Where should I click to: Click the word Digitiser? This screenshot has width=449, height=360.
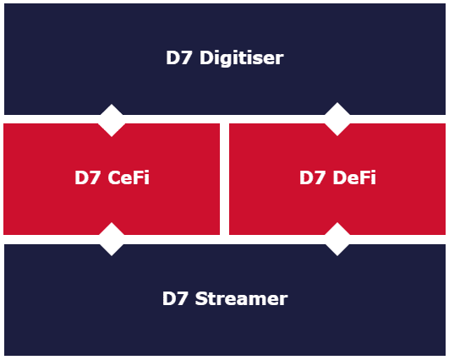(241, 58)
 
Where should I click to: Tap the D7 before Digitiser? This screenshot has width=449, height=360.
(178, 57)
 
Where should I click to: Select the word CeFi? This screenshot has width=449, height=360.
(129, 177)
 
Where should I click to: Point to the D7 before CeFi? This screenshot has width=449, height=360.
(87, 177)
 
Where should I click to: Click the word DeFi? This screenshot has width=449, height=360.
(354, 177)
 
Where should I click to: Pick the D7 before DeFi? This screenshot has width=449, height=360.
(312, 177)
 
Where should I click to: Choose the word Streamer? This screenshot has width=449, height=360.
(241, 298)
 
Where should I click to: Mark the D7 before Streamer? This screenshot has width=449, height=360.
(175, 299)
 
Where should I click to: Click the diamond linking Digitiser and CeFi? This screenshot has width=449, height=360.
(112, 121)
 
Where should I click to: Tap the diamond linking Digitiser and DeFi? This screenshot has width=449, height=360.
(337, 119)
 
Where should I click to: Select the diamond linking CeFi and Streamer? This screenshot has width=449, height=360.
(112, 239)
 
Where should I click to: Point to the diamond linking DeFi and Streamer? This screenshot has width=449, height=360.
(337, 239)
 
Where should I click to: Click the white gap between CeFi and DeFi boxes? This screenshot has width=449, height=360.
(225, 179)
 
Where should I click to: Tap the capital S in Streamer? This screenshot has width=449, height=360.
(201, 299)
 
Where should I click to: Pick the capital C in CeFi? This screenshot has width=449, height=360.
(114, 177)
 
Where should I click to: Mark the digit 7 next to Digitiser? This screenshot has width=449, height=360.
(186, 57)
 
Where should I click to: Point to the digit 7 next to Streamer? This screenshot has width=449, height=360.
(182, 299)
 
